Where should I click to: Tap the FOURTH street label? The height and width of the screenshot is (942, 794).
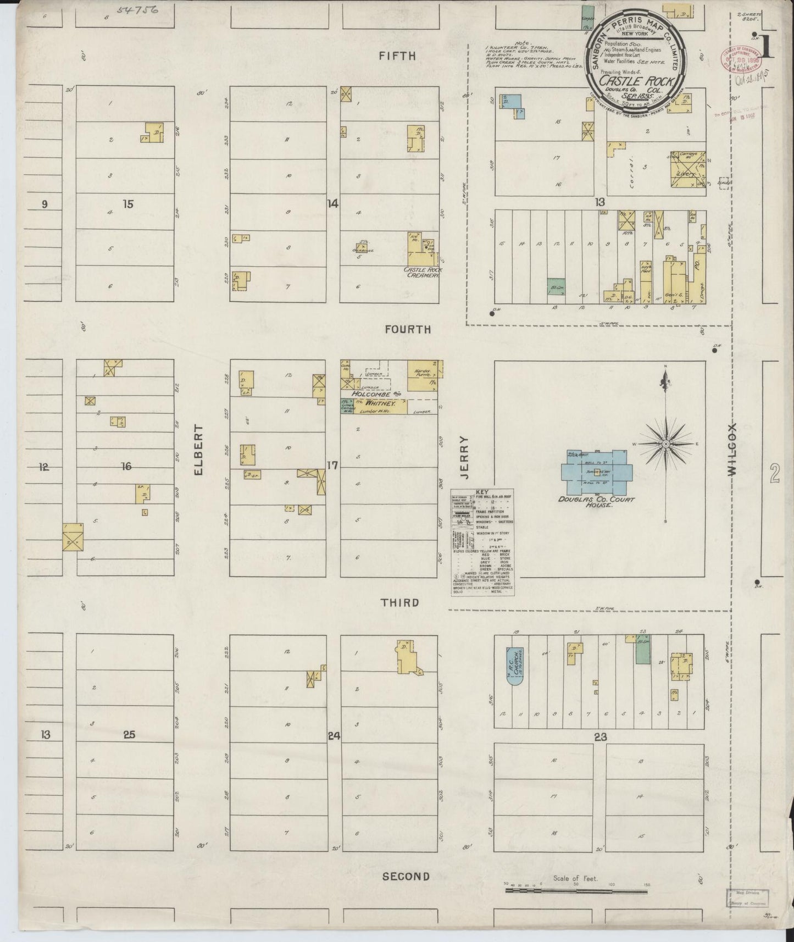coord(408,329)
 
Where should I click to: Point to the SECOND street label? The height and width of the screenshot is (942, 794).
coord(406,876)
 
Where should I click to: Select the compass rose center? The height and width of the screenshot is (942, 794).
coord(665,443)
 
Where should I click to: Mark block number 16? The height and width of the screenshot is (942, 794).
coord(126,466)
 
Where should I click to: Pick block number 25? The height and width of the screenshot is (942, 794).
coord(129,735)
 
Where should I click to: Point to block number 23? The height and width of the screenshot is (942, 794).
coord(600,738)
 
